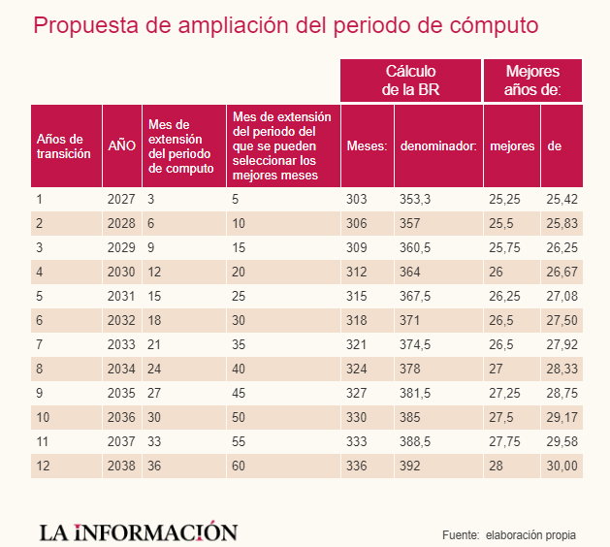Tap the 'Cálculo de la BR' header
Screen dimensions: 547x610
point(410,80)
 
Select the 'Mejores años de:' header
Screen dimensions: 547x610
point(532,80)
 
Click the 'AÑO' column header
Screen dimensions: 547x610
point(121,145)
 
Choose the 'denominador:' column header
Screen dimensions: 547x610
point(437,145)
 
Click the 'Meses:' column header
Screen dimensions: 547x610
point(367,145)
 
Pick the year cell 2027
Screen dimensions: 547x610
point(119,200)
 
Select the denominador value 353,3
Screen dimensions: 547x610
point(415,200)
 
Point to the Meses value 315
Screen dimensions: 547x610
point(357,296)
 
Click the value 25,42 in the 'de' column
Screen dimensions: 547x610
point(562,200)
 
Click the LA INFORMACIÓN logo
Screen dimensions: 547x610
point(138,531)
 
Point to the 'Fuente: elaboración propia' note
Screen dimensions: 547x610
point(508,534)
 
